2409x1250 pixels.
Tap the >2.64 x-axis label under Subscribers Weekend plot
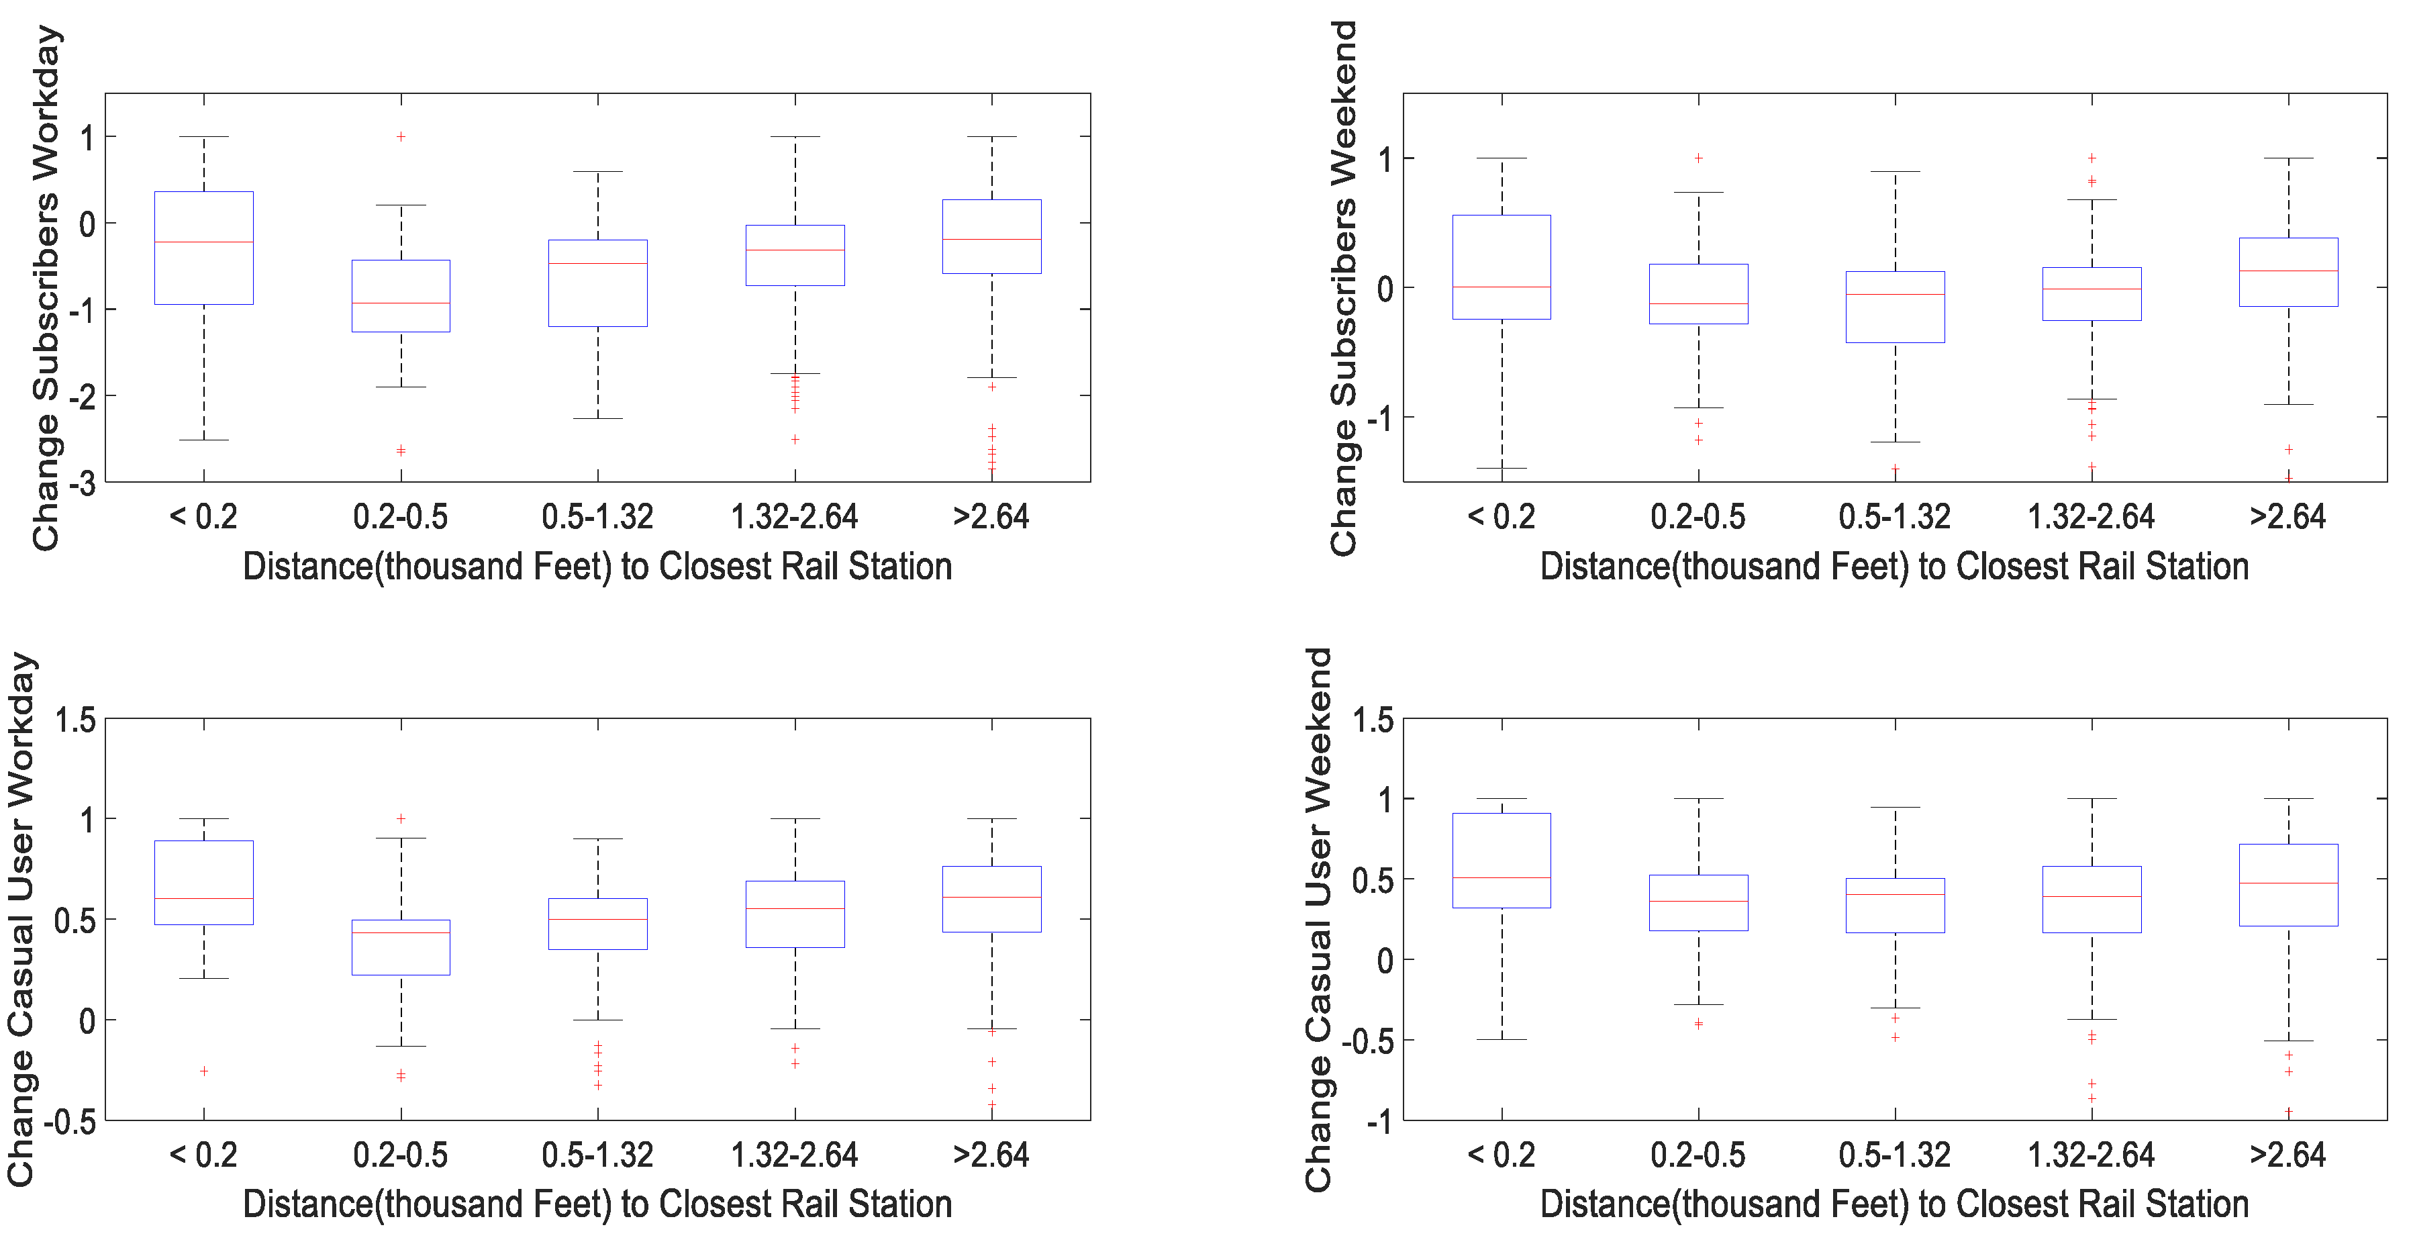point(2288,516)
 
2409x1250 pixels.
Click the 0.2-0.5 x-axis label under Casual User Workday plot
point(400,1155)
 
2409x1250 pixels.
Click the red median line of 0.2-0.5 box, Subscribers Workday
point(400,303)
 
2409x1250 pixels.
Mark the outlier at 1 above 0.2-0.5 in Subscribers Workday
point(400,136)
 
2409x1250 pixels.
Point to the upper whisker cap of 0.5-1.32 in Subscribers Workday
point(597,172)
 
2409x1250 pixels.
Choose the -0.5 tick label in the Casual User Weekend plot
point(1367,1041)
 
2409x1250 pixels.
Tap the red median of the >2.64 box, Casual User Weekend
point(2288,883)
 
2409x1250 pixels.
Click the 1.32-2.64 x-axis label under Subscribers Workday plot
point(794,516)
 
